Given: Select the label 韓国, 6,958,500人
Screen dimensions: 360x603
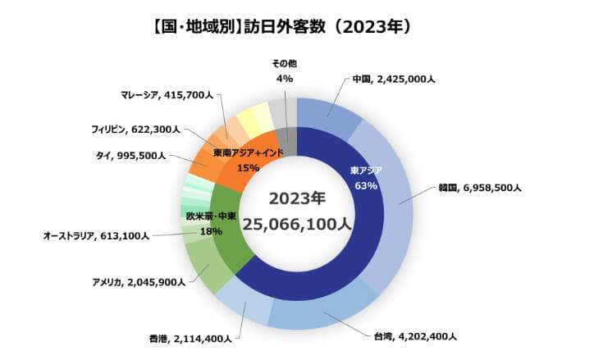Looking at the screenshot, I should click(480, 188).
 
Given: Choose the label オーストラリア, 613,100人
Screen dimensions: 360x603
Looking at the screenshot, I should click(96, 236).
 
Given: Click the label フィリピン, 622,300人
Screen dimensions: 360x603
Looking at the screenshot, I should click(135, 129).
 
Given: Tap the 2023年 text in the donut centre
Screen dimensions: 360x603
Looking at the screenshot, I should click(297, 198).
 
